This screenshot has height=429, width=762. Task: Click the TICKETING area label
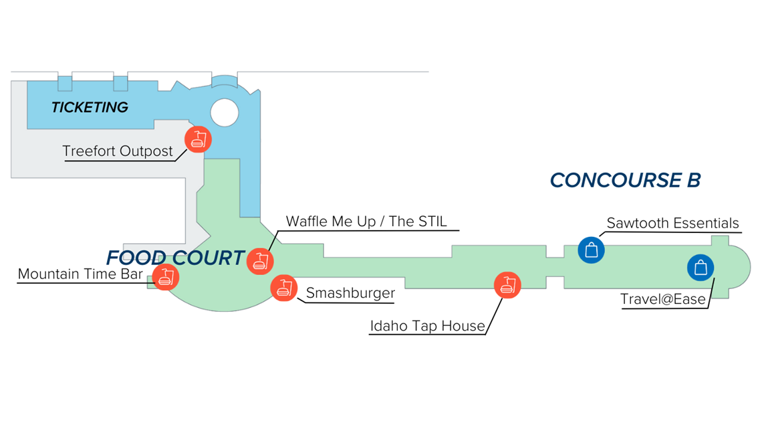pyautogui.click(x=90, y=107)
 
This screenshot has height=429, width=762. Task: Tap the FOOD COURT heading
pyautogui.click(x=175, y=258)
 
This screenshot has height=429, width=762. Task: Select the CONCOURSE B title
pyautogui.click(x=625, y=180)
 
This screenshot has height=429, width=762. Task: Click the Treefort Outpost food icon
pyautogui.click(x=198, y=140)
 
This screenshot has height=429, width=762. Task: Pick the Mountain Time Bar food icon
pyautogui.click(x=166, y=277)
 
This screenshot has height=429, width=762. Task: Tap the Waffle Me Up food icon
pyautogui.click(x=260, y=261)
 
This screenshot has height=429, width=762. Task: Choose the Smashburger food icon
pyautogui.click(x=284, y=288)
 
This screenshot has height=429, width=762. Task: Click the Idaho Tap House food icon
pyautogui.click(x=507, y=285)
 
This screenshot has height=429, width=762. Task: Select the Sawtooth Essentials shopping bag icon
pyautogui.click(x=592, y=250)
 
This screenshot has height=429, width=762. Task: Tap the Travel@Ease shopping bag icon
pyautogui.click(x=701, y=268)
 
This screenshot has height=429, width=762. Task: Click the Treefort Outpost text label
pyautogui.click(x=118, y=151)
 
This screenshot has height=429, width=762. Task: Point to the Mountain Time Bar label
pyautogui.click(x=80, y=274)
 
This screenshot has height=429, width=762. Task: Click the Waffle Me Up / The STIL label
pyautogui.click(x=366, y=222)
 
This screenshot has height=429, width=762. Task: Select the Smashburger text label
pyautogui.click(x=350, y=293)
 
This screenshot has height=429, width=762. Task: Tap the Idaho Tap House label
pyautogui.click(x=428, y=326)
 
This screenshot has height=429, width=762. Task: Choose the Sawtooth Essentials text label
pyautogui.click(x=672, y=224)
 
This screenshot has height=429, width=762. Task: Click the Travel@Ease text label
pyautogui.click(x=663, y=299)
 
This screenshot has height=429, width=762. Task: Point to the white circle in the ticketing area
pyautogui.click(x=225, y=112)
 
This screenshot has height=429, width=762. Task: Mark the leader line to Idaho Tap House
pyautogui.click(x=494, y=316)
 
